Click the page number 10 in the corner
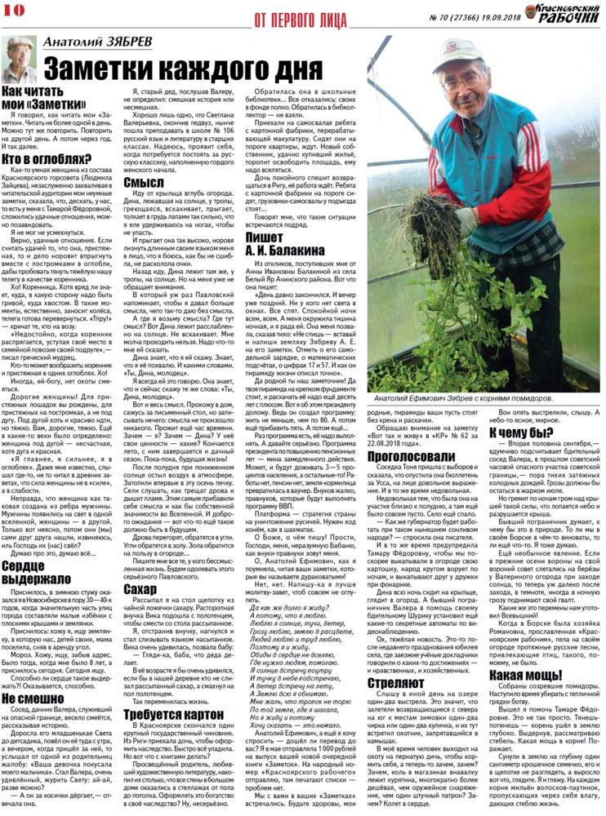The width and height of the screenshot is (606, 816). pyautogui.click(x=13, y=8)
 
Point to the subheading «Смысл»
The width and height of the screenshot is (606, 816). pyautogui.click(x=149, y=182)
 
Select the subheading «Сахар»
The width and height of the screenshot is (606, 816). pyautogui.click(x=147, y=589)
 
